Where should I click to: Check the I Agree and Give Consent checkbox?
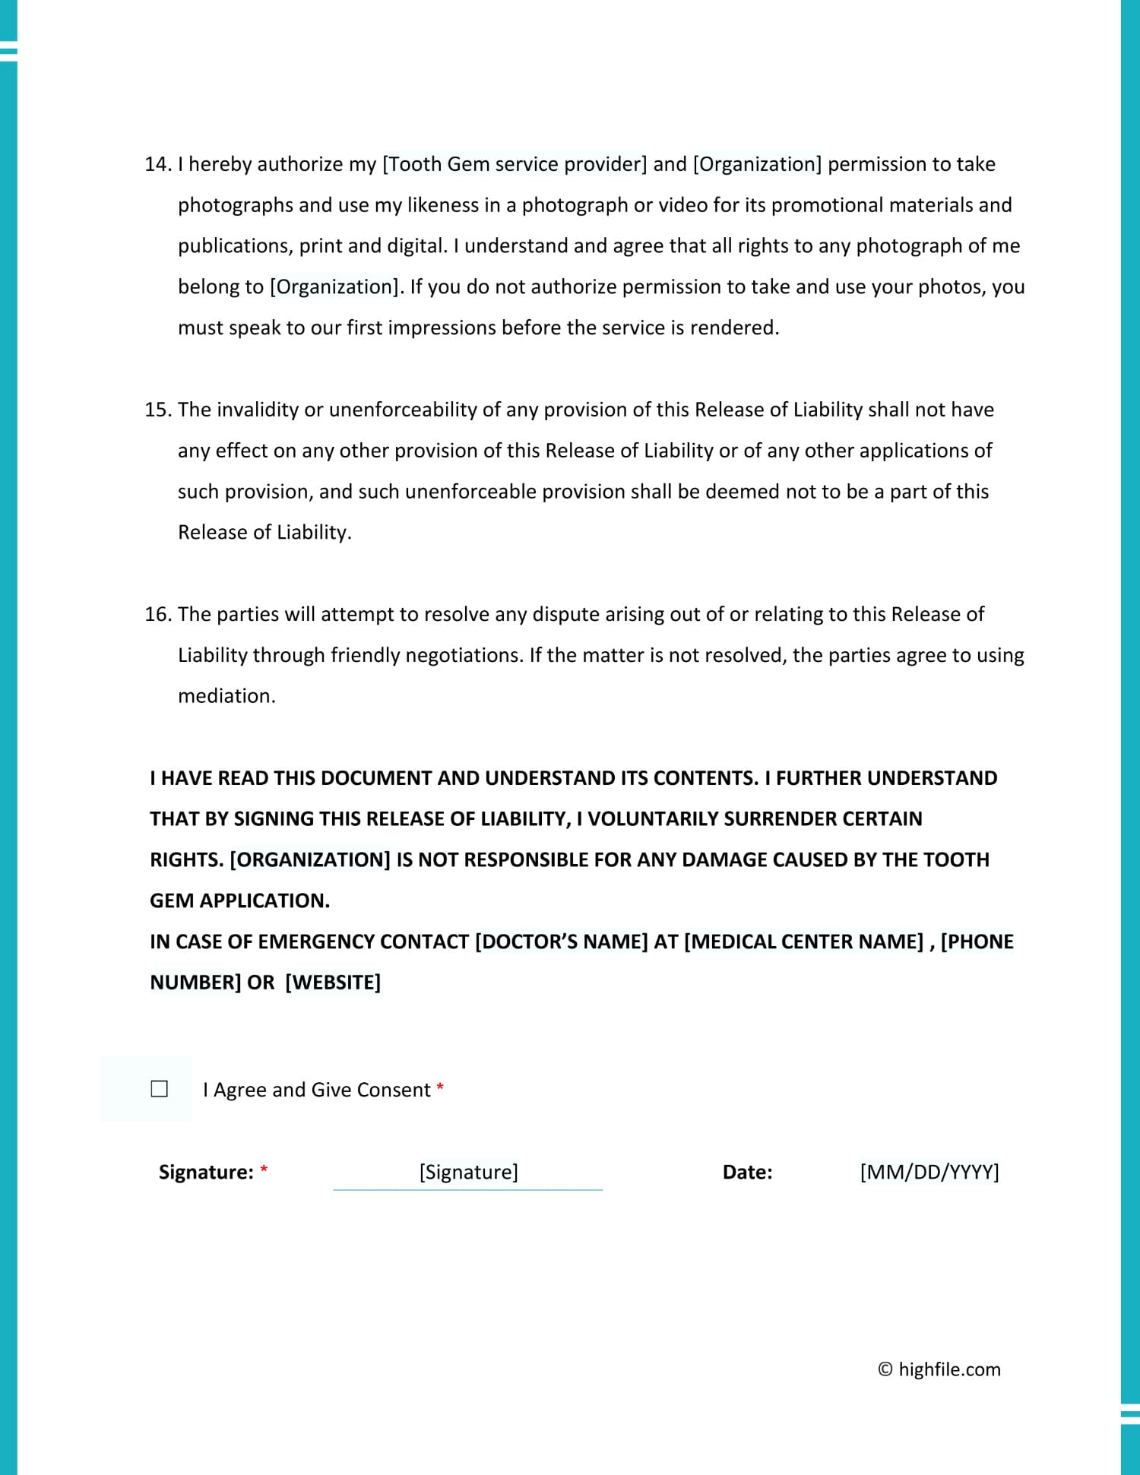tap(160, 1089)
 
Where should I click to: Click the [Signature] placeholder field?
tap(468, 1172)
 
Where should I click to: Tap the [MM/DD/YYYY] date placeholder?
tap(929, 1172)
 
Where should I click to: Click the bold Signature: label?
tap(205, 1172)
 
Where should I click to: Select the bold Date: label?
tap(747, 1172)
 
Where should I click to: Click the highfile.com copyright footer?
tap(939, 1369)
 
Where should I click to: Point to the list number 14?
tap(157, 164)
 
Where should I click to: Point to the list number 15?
tap(157, 410)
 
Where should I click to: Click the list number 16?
tap(157, 614)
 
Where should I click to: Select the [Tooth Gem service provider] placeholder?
tap(515, 164)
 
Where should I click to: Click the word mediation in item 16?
tap(226, 696)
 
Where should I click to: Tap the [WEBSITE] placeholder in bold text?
tap(333, 983)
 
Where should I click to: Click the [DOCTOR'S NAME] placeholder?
tap(561, 942)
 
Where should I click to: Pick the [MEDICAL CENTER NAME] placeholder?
tap(804, 942)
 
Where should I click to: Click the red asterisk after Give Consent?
tap(440, 1087)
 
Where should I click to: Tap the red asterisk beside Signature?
tap(264, 1170)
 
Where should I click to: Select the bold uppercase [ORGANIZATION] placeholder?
tap(310, 859)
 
